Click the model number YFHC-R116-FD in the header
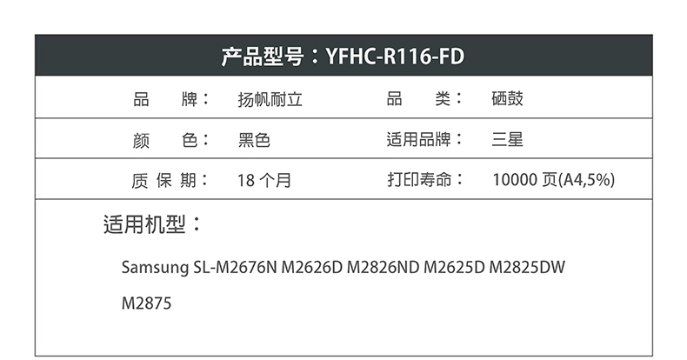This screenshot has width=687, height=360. point(395,57)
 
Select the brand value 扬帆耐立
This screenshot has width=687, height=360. point(270,99)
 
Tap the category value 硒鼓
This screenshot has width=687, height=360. point(507,99)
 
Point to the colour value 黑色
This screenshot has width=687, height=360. point(254,140)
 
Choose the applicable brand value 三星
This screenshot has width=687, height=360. point(507,140)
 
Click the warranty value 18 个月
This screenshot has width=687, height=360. point(264,181)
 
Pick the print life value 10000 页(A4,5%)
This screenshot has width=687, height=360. point(554,179)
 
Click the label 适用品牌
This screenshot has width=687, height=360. point(418,140)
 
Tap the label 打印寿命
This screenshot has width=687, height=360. point(419,179)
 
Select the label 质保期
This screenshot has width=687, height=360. point(163,181)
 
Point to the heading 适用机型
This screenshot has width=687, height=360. point(144,224)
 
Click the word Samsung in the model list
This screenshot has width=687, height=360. point(155,267)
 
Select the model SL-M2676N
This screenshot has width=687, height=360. point(236,267)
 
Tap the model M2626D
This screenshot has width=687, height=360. point(311,267)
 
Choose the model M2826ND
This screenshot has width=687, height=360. point(383,267)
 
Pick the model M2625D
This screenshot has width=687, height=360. point(454,267)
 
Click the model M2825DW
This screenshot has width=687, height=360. point(527,267)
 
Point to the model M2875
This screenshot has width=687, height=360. point(146,303)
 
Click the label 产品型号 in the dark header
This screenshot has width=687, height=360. point(262,57)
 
